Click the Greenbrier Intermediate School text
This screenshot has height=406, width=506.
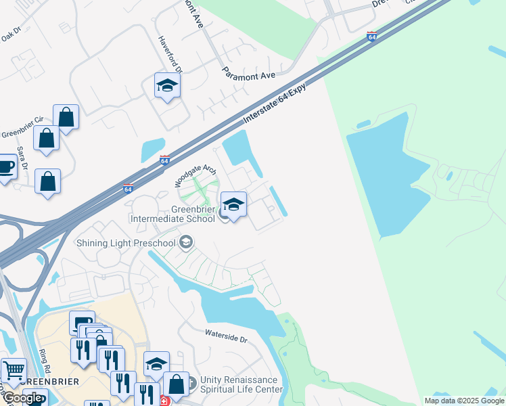point(175,213)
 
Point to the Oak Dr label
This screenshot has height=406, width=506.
point(12,33)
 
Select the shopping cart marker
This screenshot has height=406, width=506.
point(14,369)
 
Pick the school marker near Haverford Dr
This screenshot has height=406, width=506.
point(167,85)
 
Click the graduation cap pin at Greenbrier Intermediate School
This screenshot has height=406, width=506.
point(233,204)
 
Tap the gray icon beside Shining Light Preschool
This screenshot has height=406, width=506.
point(187,243)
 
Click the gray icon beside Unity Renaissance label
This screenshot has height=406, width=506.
point(192,383)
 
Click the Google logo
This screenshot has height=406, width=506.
point(22,398)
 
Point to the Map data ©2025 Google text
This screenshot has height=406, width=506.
point(463,401)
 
